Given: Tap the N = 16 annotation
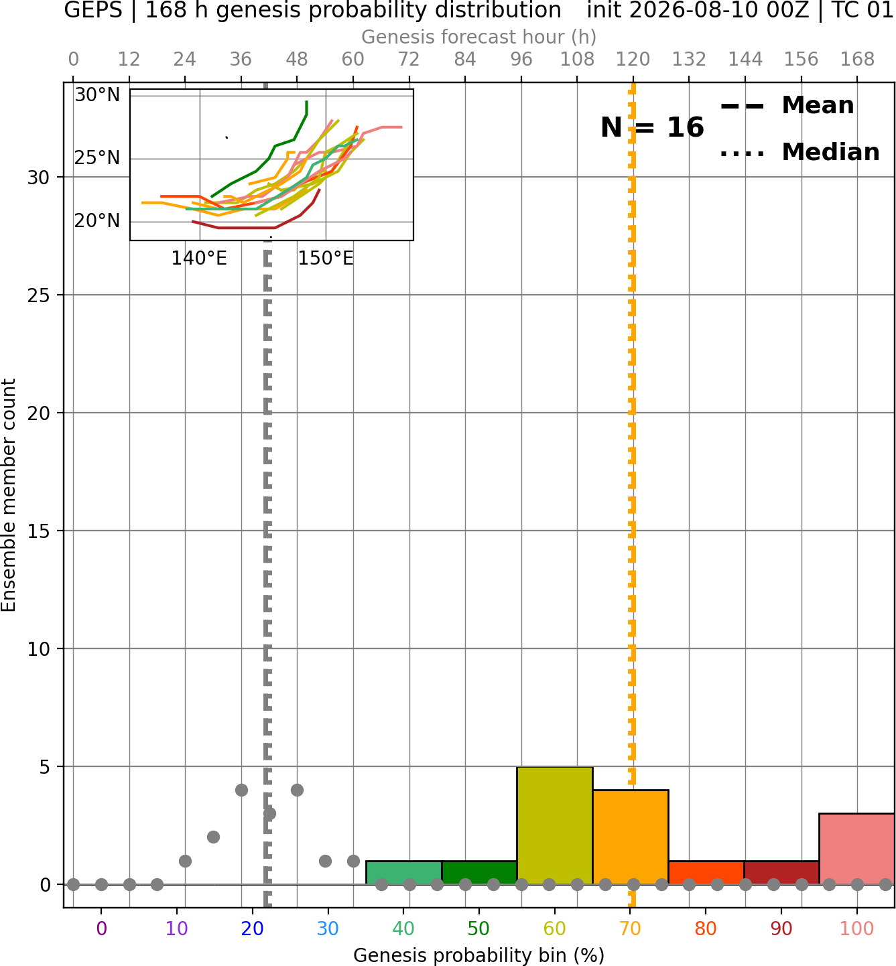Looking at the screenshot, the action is (x=652, y=127).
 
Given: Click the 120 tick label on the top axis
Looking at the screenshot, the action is (x=633, y=60).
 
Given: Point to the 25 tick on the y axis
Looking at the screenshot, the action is (x=39, y=295).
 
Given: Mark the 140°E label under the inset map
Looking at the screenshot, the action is (x=199, y=259).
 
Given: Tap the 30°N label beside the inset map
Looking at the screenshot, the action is (x=97, y=95).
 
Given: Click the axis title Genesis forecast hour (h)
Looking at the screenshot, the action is (x=479, y=37).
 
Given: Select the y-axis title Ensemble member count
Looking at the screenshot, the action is (x=9, y=495).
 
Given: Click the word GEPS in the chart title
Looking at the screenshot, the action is (x=93, y=10).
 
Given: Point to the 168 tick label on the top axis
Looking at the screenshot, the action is (x=857, y=60).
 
